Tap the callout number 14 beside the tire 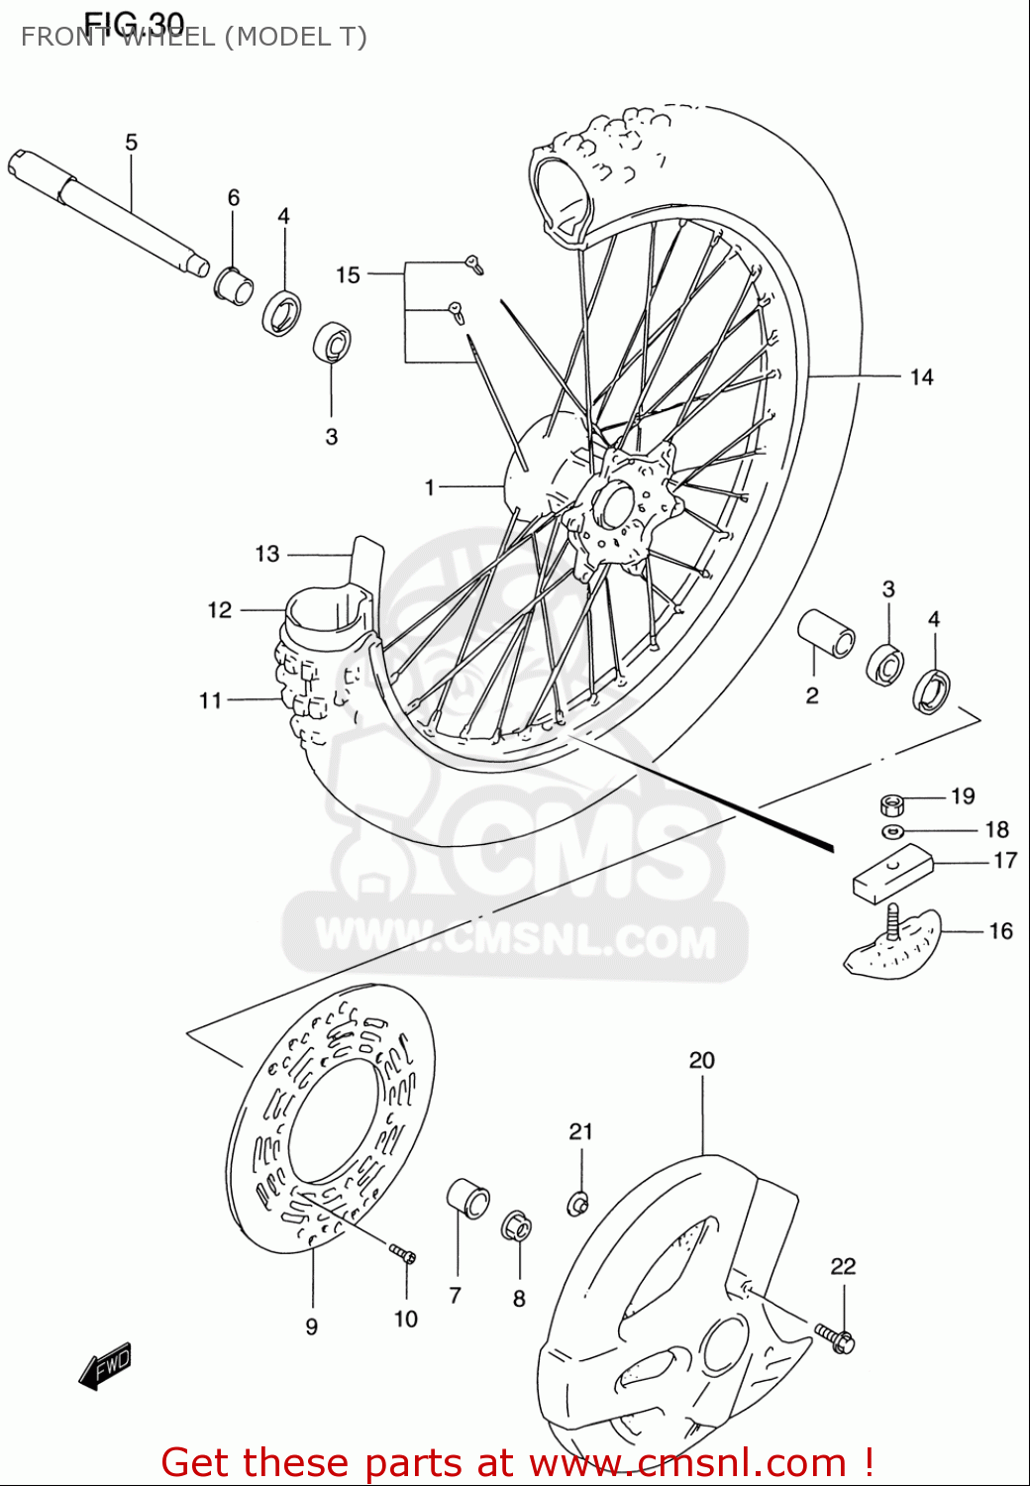point(921,377)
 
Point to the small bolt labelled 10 point(403,1254)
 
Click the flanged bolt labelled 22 point(837,1339)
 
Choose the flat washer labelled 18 point(892,830)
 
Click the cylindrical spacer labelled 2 point(827,633)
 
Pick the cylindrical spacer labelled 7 point(468,1199)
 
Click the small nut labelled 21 point(578,1203)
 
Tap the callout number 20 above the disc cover point(701,1061)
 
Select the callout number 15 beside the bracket point(348,275)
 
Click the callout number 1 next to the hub point(430,487)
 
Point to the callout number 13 point(267,554)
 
